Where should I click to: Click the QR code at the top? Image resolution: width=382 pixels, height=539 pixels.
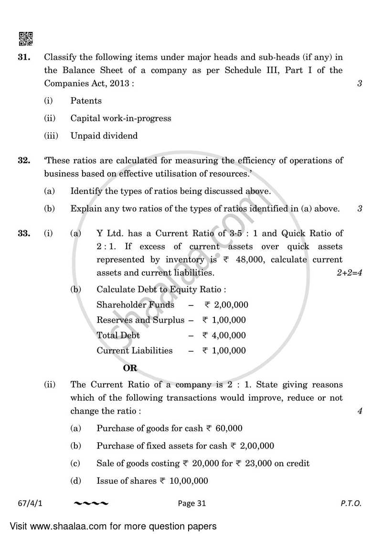[25, 38]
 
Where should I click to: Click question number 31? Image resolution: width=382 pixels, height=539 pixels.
[24, 57]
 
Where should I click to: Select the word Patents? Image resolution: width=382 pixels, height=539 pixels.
[86, 101]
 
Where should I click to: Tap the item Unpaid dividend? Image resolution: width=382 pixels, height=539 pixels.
[104, 136]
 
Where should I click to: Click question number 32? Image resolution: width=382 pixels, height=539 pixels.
[24, 161]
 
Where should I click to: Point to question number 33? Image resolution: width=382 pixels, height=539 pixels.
[24, 234]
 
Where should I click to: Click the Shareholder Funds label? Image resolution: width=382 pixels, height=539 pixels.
[135, 305]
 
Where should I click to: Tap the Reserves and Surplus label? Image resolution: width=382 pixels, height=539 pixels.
[140, 320]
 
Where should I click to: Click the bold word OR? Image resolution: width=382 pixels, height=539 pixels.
[130, 368]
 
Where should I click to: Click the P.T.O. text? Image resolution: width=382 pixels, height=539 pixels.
[351, 503]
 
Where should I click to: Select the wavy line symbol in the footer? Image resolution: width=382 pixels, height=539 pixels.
[93, 503]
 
